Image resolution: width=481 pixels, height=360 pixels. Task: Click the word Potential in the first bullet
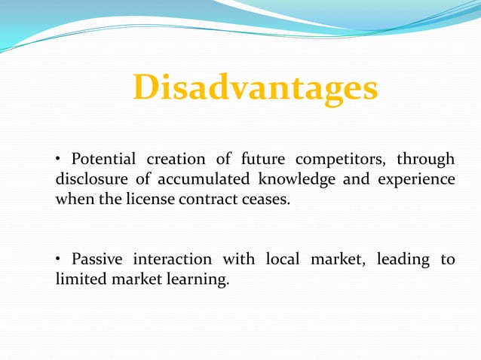pyautogui.click(x=103, y=160)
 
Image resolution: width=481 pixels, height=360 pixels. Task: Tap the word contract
pyautogui.click(x=205, y=201)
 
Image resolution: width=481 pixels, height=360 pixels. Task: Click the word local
pyautogui.click(x=283, y=260)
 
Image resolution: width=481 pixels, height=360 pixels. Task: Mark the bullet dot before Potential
pyautogui.click(x=59, y=160)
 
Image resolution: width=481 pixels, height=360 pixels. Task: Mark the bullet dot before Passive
pyautogui.click(x=59, y=261)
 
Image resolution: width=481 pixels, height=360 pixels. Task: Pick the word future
pyautogui.click(x=262, y=160)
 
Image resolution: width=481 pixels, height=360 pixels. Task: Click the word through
pyautogui.click(x=426, y=160)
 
